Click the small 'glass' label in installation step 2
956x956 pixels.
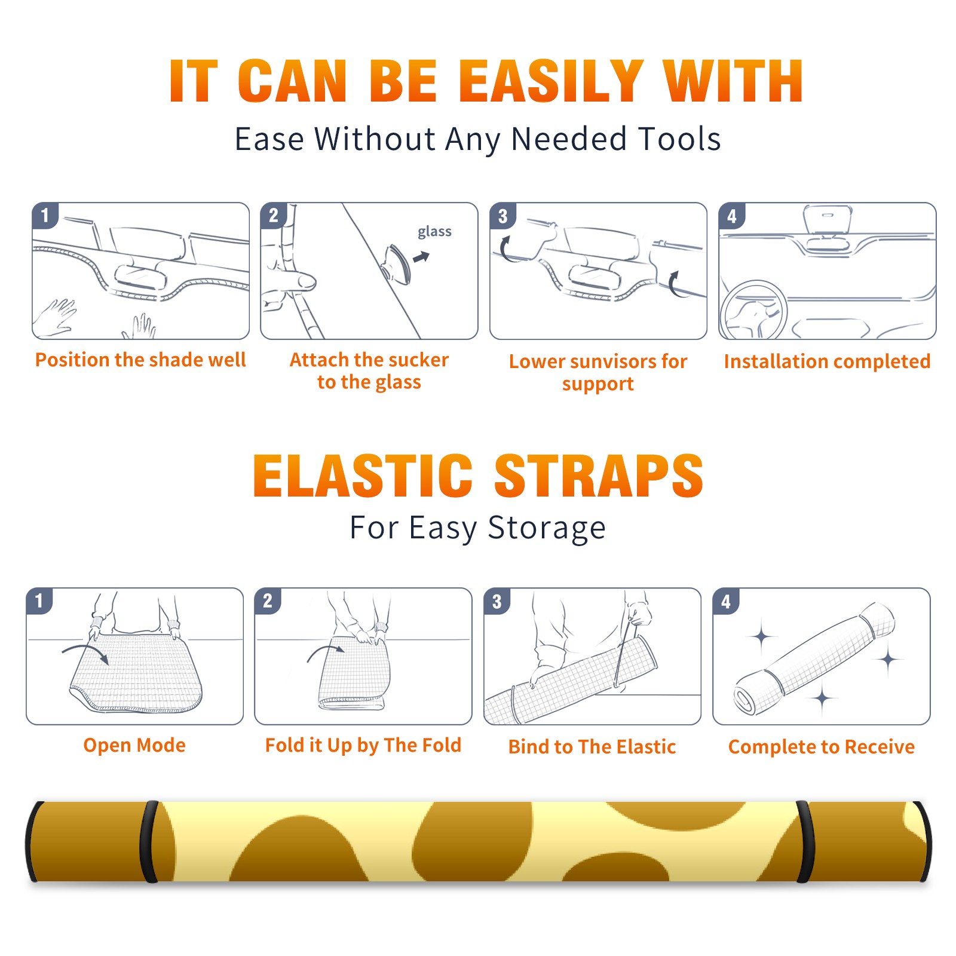[434, 232]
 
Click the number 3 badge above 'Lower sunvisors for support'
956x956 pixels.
[502, 216]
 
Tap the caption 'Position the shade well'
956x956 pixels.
[140, 360]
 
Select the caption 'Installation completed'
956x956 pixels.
[827, 361]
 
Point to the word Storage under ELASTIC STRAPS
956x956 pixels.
[547, 528]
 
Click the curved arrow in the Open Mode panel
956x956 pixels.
[85, 652]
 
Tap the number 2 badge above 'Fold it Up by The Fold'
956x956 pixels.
[268, 600]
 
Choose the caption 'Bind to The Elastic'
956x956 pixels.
[592, 746]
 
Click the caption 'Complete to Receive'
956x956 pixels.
[821, 746]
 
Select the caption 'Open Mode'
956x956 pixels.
[134, 745]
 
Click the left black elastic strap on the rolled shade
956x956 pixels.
[149, 841]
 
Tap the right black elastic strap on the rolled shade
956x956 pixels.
[805, 841]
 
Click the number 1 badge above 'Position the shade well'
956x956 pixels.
[45, 215]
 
